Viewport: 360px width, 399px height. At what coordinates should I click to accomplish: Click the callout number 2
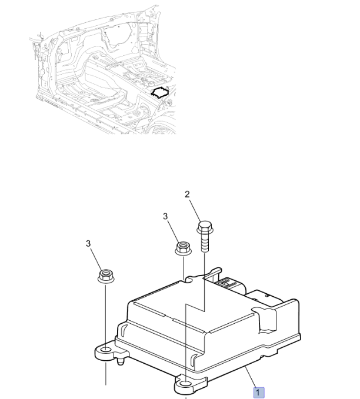click(187, 195)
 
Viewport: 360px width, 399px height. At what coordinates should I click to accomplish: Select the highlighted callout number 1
click(259, 393)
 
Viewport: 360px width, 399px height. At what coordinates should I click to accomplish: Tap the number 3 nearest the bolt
click(165, 216)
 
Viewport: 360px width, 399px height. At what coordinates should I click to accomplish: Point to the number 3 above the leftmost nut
click(88, 243)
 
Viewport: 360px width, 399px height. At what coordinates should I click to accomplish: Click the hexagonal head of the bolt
click(205, 227)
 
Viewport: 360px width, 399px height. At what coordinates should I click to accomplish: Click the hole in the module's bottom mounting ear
click(186, 384)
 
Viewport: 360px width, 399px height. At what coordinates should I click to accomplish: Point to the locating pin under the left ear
click(121, 361)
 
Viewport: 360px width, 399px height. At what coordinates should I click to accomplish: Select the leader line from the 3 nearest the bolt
click(173, 232)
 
